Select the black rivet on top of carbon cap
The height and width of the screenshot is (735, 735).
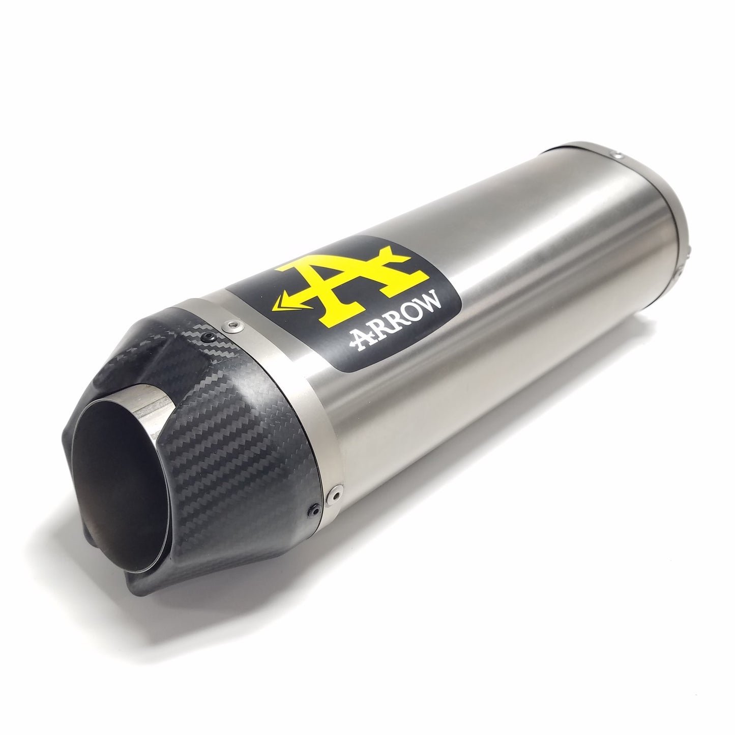208,337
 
